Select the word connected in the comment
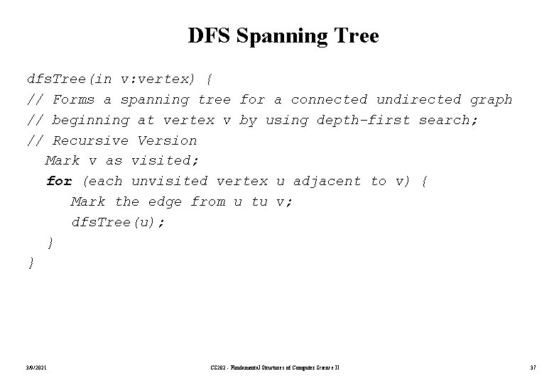click(329, 99)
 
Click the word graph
click(491, 99)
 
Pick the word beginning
click(91, 120)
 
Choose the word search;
click(448, 120)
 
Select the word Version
click(167, 140)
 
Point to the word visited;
click(159, 161)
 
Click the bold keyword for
click(59, 182)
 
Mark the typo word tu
click(259, 202)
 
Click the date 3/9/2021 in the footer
click(36, 367)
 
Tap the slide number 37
click(532, 367)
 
